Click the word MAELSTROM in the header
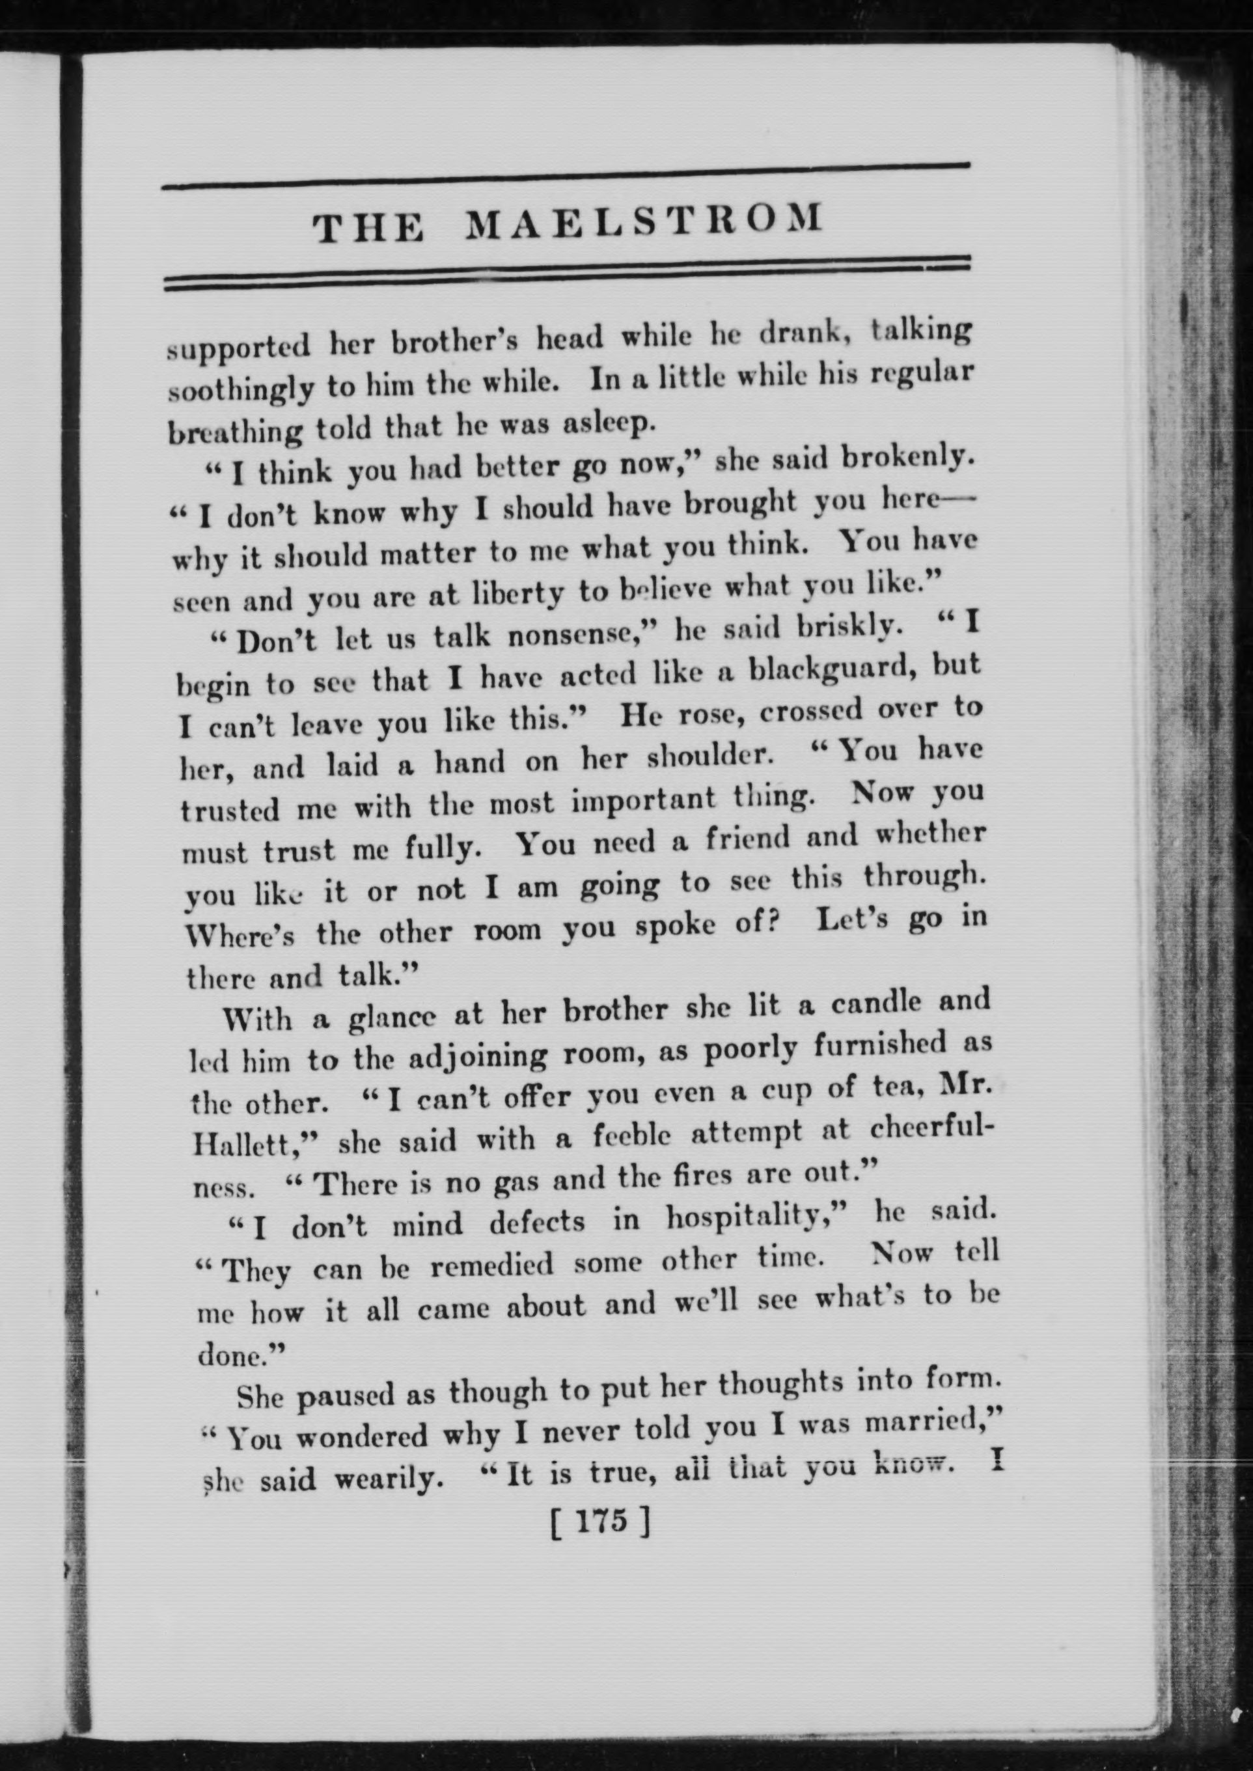pyautogui.click(x=644, y=223)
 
